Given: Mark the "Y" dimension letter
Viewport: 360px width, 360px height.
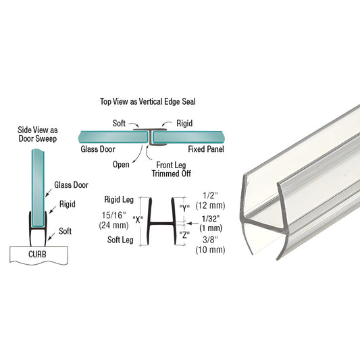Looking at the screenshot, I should pos(182,207).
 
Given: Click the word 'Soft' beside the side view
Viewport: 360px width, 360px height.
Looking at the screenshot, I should pos(65,231).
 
